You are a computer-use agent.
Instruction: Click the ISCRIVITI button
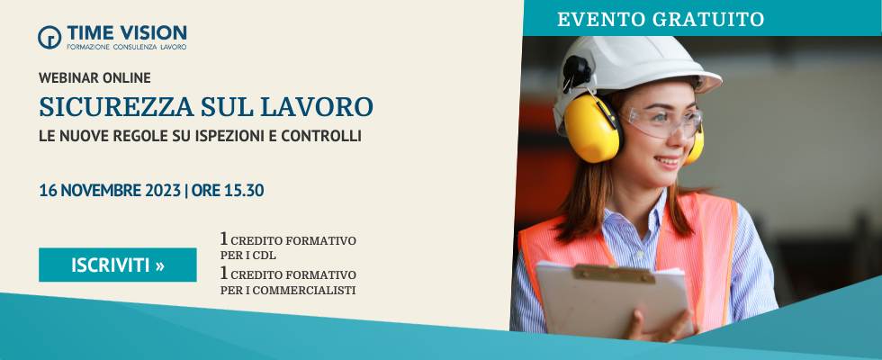click(118, 265)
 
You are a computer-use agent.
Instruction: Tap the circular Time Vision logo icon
click(49, 37)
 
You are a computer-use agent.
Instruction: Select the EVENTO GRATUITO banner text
click(661, 19)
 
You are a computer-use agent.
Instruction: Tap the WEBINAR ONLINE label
click(94, 77)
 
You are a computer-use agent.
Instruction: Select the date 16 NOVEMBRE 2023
click(110, 191)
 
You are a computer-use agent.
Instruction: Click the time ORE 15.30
click(227, 191)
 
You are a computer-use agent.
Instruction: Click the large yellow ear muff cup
click(592, 129)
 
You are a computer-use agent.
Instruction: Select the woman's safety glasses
click(664, 121)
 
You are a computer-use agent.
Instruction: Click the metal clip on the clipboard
click(614, 274)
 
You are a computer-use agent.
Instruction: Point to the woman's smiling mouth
click(669, 162)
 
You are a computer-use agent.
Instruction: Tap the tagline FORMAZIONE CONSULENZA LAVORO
click(127, 47)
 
